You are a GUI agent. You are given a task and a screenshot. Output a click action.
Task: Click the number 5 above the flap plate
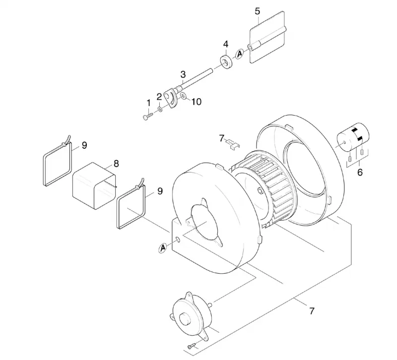pos(257,11)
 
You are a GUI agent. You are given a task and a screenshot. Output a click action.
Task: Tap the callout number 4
pos(226,44)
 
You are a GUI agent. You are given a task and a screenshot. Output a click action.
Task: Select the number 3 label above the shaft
pos(183,74)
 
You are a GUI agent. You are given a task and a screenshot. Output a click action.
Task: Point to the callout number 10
pos(196,102)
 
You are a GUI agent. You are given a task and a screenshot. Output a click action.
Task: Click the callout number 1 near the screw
pos(148,103)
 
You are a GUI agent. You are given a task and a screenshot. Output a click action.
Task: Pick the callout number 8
pos(116,164)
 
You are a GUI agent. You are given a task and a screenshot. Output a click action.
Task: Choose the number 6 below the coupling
pos(360,172)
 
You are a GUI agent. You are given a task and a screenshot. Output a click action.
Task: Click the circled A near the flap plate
pos(240,54)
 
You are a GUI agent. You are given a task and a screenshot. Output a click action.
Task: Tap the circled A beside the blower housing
pos(163,248)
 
